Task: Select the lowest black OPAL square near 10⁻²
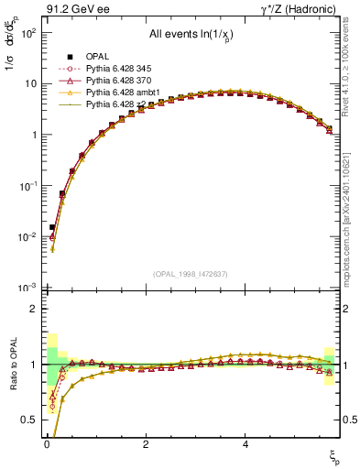(52, 226)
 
